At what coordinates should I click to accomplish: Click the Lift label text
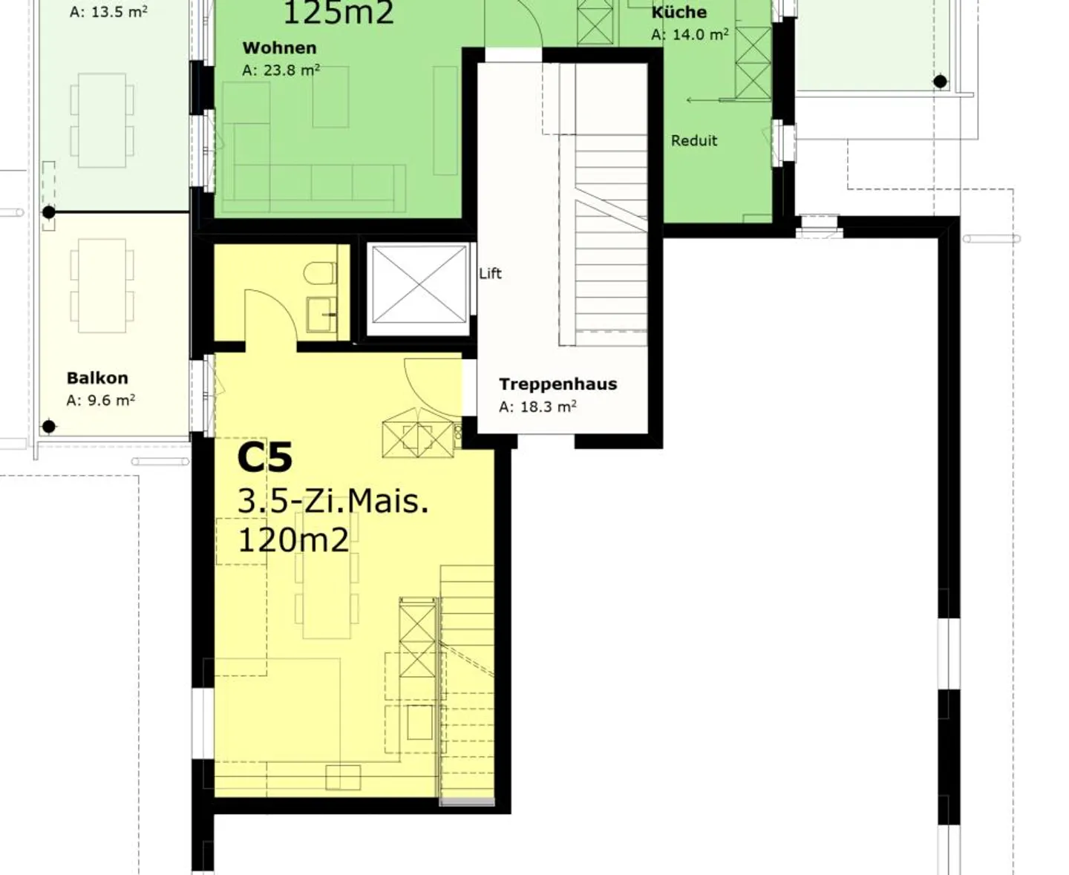(490, 274)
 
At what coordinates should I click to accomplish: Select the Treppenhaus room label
(558, 384)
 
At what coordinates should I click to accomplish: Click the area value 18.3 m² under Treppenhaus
(537, 407)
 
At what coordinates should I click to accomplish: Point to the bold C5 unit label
(264, 458)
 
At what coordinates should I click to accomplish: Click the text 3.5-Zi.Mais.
(333, 502)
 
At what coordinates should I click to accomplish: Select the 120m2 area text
(292, 540)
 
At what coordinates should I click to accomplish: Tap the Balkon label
(97, 378)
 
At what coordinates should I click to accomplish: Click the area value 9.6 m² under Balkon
(101, 401)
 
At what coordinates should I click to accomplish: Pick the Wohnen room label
(279, 48)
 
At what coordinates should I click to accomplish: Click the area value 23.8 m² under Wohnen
(281, 71)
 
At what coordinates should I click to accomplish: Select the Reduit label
(694, 141)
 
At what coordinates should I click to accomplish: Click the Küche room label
(679, 13)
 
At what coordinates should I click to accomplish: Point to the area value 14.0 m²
(690, 35)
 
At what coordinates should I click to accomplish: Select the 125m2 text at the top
(339, 13)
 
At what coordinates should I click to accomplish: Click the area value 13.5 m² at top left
(108, 12)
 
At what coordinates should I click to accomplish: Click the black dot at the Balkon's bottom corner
(49, 427)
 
